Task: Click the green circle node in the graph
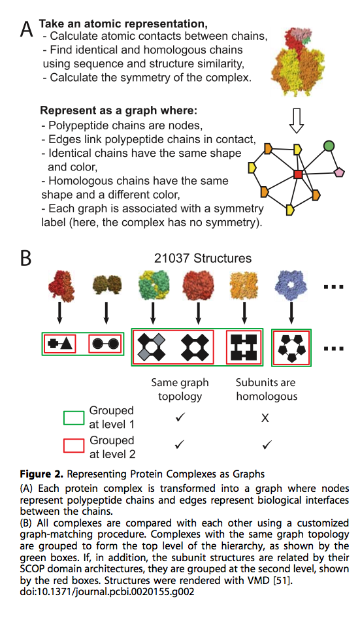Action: tap(329, 146)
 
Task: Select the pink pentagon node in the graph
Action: tap(339, 172)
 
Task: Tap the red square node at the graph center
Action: tap(298, 174)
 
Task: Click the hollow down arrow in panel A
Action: tap(297, 121)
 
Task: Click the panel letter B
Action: tap(25, 258)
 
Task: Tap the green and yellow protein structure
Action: tap(153, 284)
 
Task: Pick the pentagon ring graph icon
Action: tap(291, 348)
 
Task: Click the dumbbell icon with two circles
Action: tap(106, 344)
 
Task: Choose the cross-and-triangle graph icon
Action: tap(60, 344)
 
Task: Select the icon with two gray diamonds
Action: tap(153, 348)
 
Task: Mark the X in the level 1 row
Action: tap(265, 418)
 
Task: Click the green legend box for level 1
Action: tap(74, 418)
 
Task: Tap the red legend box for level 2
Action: tap(74, 446)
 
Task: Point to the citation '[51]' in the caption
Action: tap(283, 580)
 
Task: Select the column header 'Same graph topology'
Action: tap(180, 389)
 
